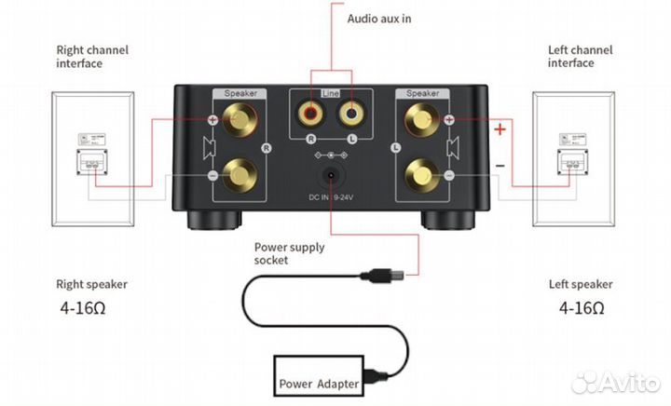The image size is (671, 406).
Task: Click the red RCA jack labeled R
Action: (308, 116)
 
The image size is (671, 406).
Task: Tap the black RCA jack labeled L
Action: (350, 116)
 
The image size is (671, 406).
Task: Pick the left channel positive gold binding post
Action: (419, 120)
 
